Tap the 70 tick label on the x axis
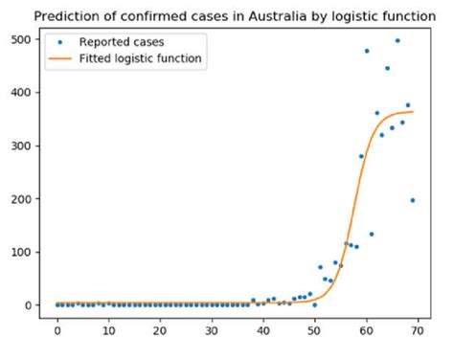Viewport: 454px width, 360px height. [x=418, y=331]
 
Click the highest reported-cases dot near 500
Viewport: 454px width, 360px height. [x=397, y=40]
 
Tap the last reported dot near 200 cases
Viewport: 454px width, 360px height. [x=413, y=200]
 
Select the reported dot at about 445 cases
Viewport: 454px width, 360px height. [x=387, y=68]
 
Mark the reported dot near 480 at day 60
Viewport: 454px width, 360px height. [x=367, y=51]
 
